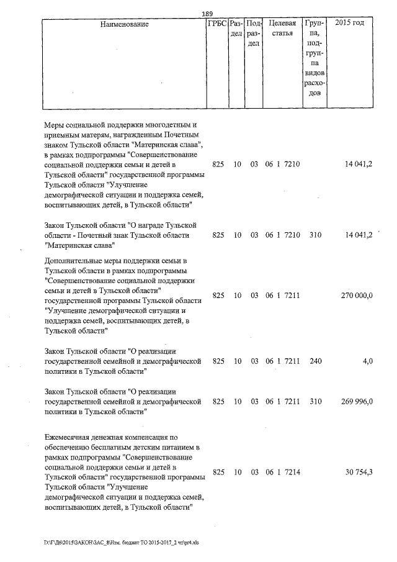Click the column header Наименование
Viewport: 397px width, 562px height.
(124, 24)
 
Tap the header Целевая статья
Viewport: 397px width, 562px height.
(278, 29)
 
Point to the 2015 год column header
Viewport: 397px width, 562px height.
(349, 24)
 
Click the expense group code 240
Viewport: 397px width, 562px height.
(315, 360)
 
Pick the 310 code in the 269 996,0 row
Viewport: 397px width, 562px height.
(315, 402)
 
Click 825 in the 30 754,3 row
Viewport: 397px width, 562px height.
(218, 473)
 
